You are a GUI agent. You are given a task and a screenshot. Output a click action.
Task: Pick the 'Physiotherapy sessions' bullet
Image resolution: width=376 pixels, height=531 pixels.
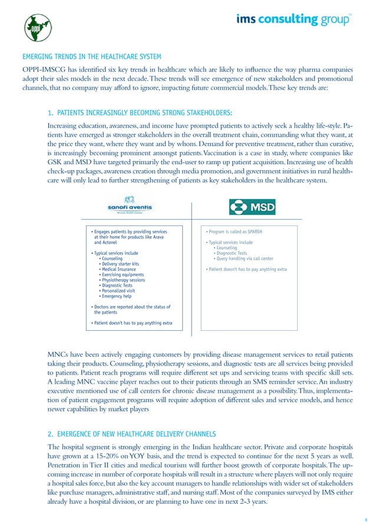[124, 280]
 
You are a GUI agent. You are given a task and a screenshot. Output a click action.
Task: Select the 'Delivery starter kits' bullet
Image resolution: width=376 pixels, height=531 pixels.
[122, 264]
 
